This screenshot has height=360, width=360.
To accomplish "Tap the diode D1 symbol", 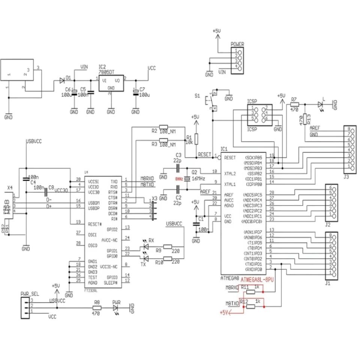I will [62, 80].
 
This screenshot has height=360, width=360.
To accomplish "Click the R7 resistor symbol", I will [294, 104].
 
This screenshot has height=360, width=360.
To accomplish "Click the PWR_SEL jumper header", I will [25, 306].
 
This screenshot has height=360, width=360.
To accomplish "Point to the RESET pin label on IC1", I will [229, 158].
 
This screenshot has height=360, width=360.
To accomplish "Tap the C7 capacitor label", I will [142, 89].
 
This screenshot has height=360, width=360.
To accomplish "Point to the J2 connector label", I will [327, 225].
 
